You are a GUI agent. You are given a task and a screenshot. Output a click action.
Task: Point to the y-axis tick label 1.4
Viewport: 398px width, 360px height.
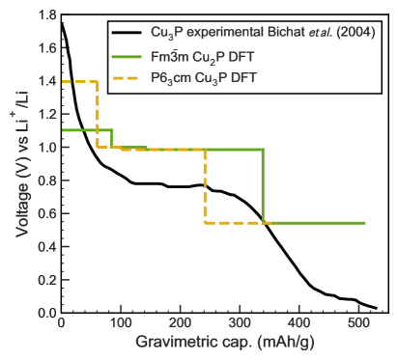pos(44,82)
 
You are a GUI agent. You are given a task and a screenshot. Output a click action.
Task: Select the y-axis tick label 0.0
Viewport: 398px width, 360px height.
pos(44,313)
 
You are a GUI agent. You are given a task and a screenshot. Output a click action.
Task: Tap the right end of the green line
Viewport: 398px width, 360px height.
pos(365,223)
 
